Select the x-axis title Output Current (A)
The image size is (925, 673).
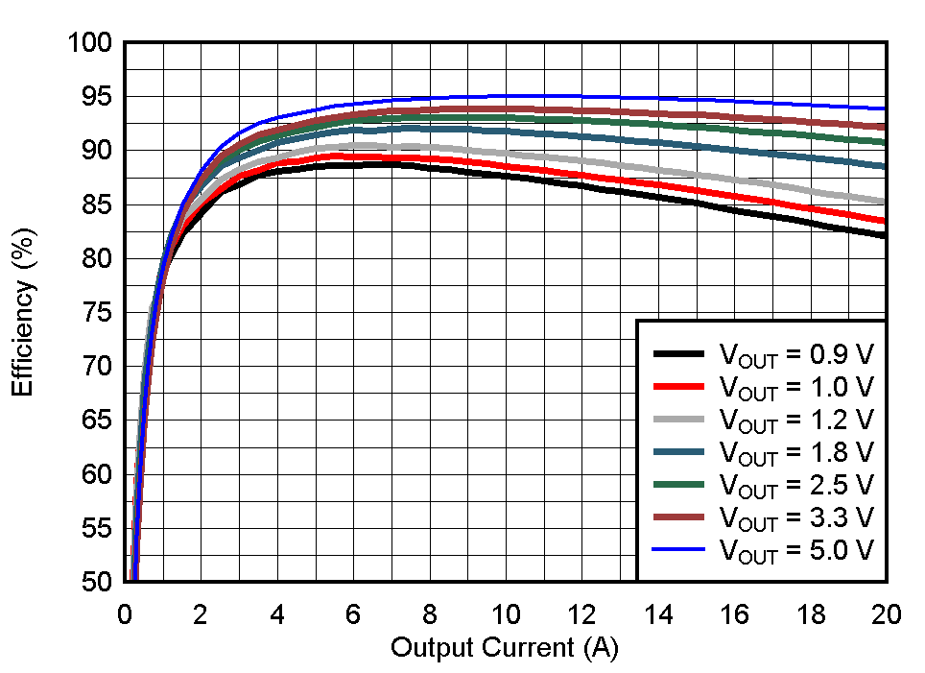click(x=504, y=648)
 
